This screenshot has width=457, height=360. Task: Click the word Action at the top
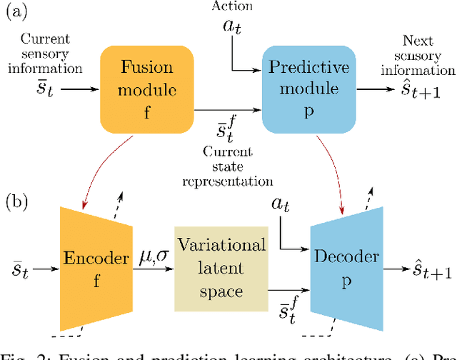[x=232, y=6]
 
